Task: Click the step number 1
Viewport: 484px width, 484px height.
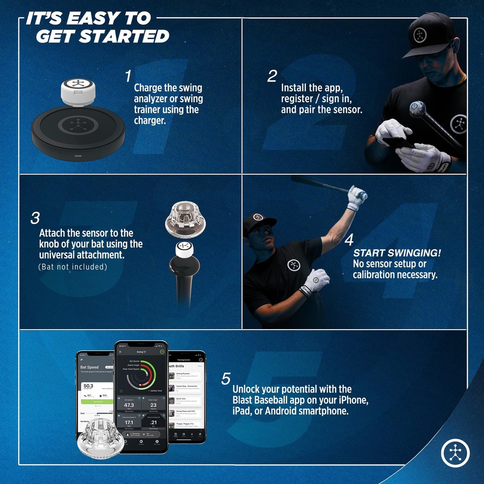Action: point(128,76)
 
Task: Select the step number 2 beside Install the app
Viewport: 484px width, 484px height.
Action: point(272,76)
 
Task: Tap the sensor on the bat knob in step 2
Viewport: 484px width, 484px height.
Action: point(417,109)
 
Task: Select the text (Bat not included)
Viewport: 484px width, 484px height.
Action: point(72,267)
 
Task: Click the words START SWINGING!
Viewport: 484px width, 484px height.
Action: point(397,253)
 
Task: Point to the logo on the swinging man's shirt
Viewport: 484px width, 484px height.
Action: point(294,265)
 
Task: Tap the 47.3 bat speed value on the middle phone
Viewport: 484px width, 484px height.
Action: point(129,405)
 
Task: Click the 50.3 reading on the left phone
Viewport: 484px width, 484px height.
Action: point(88,386)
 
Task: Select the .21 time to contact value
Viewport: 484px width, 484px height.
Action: point(153,422)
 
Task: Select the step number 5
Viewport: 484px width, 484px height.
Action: point(226,379)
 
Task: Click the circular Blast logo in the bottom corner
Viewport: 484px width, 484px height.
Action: point(455,452)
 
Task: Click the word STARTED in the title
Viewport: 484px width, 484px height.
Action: point(103,36)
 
